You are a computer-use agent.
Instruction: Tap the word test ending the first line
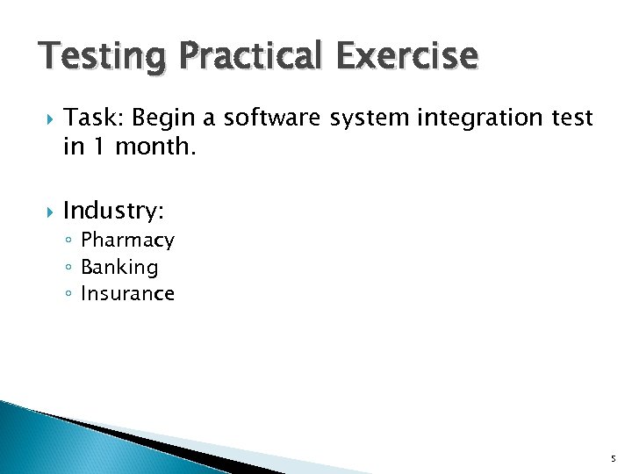pyautogui.click(x=572, y=117)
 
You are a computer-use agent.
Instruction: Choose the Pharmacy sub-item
pyautogui.click(x=127, y=241)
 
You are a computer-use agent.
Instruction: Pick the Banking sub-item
pyautogui.click(x=119, y=267)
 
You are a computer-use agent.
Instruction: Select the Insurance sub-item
pyautogui.click(x=127, y=293)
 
